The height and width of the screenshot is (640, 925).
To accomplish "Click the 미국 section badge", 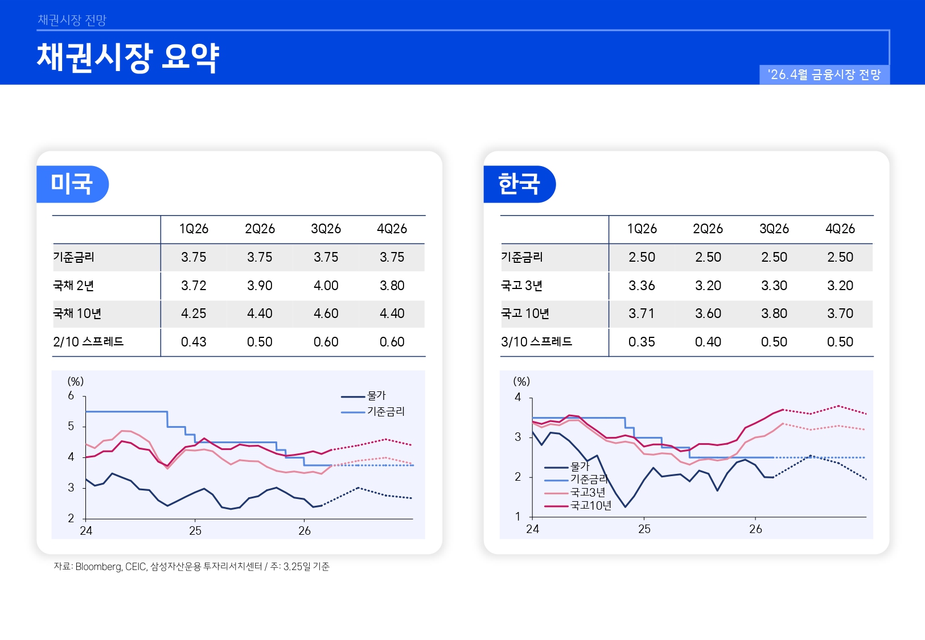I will point(72,184).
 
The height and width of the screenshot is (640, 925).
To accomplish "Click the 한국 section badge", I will point(519,184).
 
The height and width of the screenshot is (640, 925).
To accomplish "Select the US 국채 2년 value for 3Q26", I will point(326,286).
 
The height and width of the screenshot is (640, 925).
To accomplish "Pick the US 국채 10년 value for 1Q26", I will point(194,313).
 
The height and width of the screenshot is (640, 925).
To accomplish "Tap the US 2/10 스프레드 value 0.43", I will point(194,342).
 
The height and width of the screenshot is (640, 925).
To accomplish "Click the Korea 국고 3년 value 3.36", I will point(642,286).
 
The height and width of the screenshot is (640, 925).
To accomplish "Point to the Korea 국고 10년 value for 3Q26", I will point(774,313).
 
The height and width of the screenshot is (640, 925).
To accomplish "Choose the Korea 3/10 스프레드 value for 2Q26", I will point(708,342).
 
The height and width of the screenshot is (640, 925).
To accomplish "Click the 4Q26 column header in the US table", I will point(392,229).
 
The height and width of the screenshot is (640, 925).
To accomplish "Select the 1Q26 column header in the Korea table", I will point(642,229).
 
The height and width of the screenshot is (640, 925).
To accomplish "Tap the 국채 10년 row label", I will point(77,313).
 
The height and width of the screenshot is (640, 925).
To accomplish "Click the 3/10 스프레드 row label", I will point(536,342).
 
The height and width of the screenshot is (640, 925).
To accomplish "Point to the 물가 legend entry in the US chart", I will point(376,395).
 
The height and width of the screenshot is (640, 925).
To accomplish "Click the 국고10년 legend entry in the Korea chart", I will point(590,506).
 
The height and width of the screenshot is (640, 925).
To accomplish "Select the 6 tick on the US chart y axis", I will point(71,395).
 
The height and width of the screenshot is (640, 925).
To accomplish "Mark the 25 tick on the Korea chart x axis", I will point(644,529).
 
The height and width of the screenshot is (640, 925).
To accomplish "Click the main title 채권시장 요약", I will point(128,57).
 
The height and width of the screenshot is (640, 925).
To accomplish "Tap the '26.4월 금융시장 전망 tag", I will point(824,75).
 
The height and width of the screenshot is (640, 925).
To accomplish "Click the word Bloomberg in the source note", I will point(98,567).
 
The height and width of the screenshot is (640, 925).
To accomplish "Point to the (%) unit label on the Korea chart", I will point(521,381).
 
